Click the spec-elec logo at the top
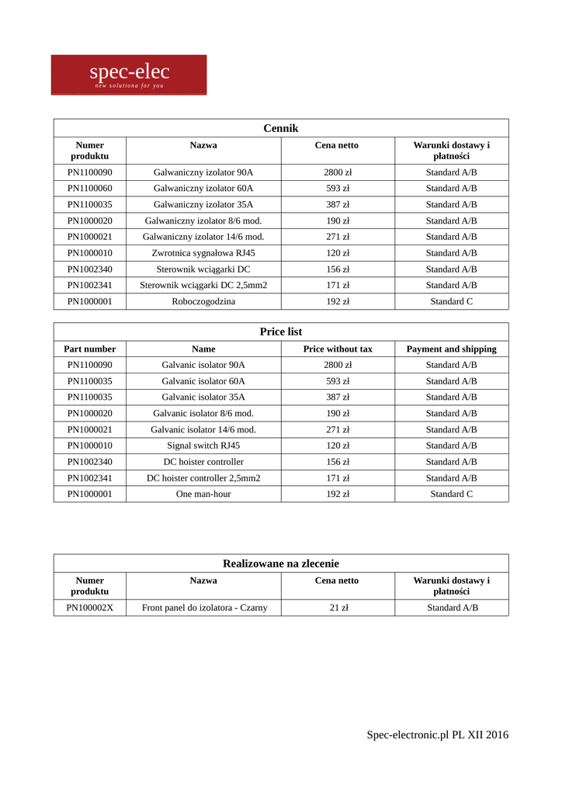tap(129, 75)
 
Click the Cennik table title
tap(280, 128)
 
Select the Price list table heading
tap(280, 332)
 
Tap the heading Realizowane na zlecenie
tap(280, 563)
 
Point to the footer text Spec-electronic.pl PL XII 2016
tap(438, 734)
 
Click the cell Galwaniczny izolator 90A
tap(203, 172)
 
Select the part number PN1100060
tap(90, 189)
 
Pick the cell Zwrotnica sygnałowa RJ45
tap(203, 253)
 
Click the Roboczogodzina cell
tap(203, 301)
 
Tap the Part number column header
tap(90, 349)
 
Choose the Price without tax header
tap(338, 349)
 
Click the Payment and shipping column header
tap(451, 349)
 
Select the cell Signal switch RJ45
tap(203, 446)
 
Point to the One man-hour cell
tap(203, 494)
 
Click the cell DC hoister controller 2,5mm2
tap(203, 478)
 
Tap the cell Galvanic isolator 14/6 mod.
tap(203, 429)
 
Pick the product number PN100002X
tap(90, 608)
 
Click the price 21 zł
tap(338, 608)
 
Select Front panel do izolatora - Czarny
tap(204, 608)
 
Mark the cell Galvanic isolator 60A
tap(203, 381)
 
